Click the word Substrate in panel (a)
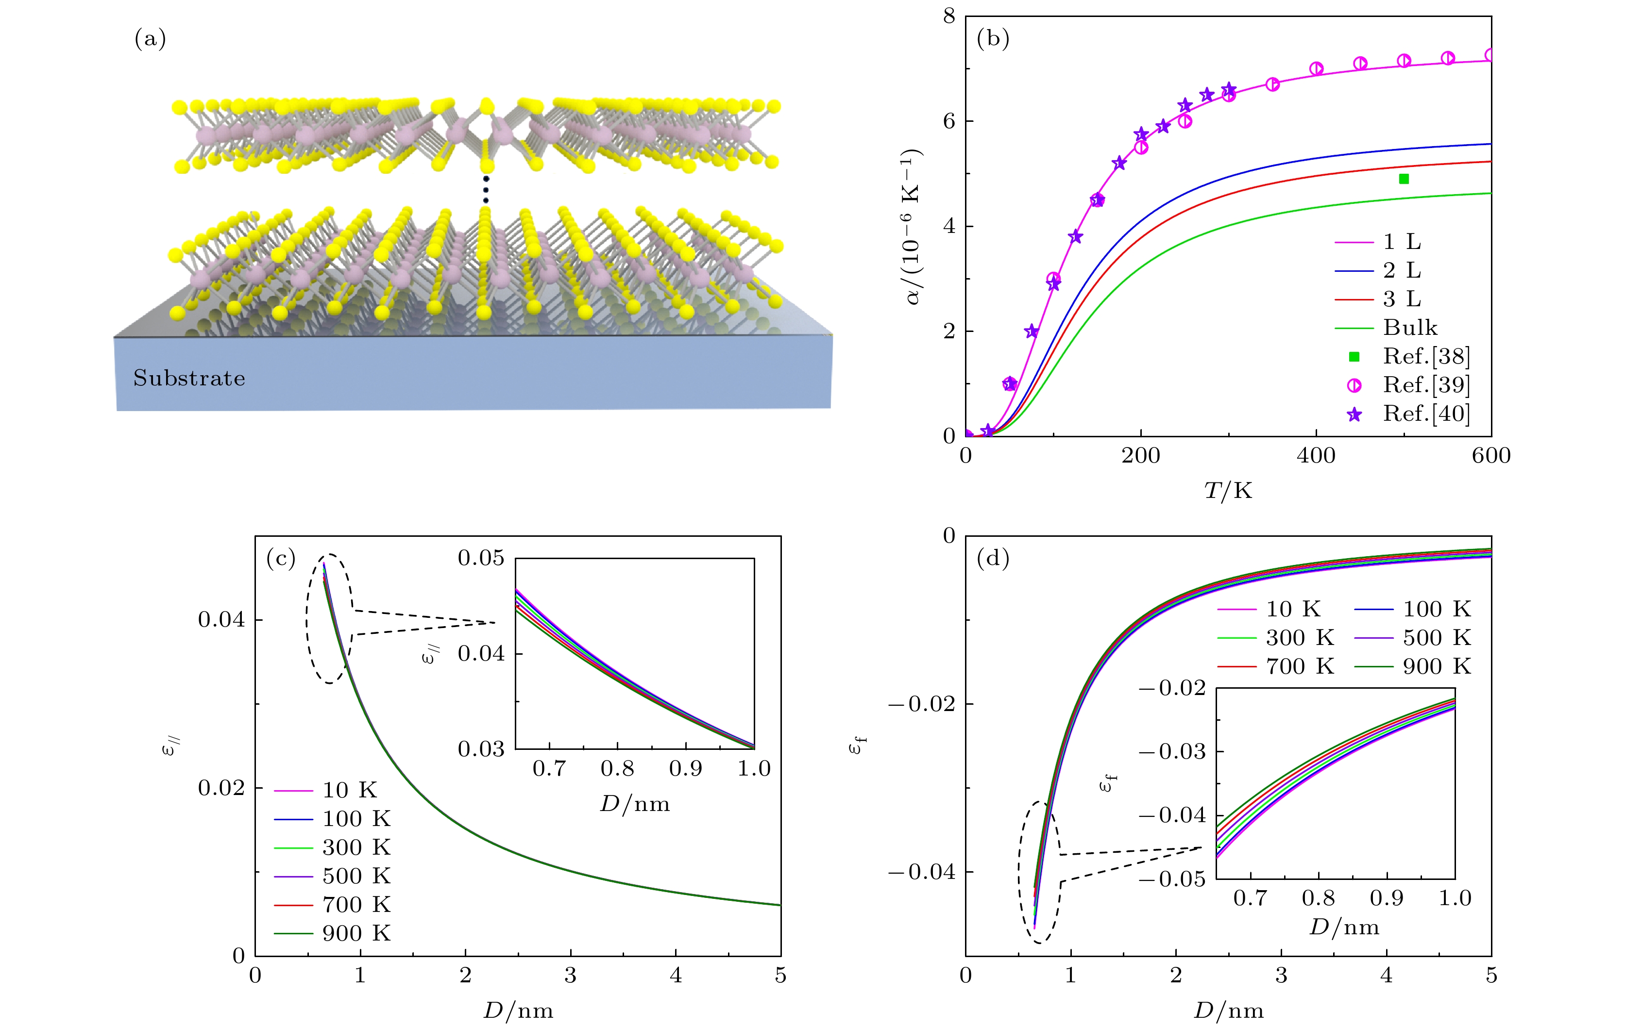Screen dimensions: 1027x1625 pyautogui.click(x=189, y=378)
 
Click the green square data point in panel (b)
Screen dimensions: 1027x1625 pyautogui.click(x=1404, y=179)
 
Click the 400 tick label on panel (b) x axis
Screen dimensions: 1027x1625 pyautogui.click(x=1316, y=456)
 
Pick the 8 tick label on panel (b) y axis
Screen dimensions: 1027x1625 pyautogui.click(x=949, y=16)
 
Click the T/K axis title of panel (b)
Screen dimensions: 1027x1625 pyautogui.click(x=1228, y=491)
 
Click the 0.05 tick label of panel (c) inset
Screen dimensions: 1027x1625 pyautogui.click(x=480, y=558)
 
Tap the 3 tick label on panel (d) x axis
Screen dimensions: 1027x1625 pyautogui.click(x=1281, y=975)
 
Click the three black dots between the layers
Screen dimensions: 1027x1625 pyautogui.click(x=486, y=189)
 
